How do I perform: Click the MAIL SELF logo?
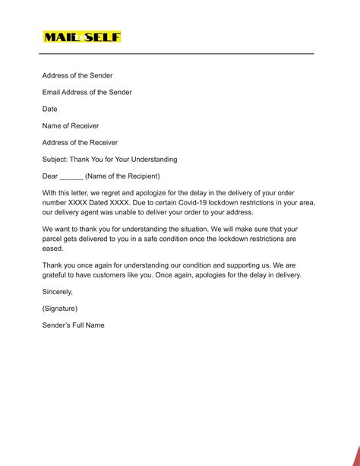(x=82, y=37)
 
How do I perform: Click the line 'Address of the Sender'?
(x=77, y=76)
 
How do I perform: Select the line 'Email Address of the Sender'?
(x=87, y=93)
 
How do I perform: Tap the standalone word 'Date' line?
(x=50, y=109)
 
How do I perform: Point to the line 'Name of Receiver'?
(x=71, y=126)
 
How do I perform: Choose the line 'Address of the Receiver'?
(x=80, y=143)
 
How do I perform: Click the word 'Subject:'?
(x=55, y=160)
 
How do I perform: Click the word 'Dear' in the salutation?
(x=50, y=176)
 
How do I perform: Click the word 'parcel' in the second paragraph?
(x=55, y=239)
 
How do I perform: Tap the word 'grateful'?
(x=56, y=275)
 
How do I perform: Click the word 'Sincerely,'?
(x=58, y=292)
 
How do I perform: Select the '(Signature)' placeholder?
(x=60, y=309)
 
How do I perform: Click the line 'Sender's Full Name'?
(x=74, y=325)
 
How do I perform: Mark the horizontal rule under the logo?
(x=177, y=54)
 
